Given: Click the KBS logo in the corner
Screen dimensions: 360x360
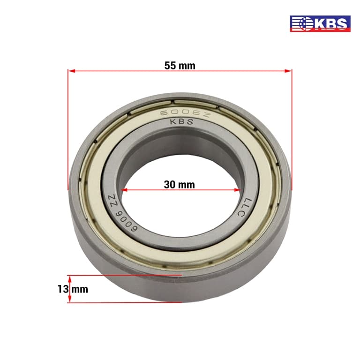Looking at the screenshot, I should point(320,23).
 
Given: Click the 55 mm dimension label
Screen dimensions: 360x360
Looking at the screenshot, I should point(180,66).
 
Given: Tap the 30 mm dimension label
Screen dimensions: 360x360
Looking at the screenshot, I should point(180,184).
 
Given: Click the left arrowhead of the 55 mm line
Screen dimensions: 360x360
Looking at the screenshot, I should point(71,71).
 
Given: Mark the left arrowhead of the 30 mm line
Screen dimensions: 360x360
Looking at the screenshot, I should point(124,190).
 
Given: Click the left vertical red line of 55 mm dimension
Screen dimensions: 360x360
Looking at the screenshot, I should point(68,131).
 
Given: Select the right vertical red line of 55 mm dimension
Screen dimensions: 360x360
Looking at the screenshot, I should point(292,131).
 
